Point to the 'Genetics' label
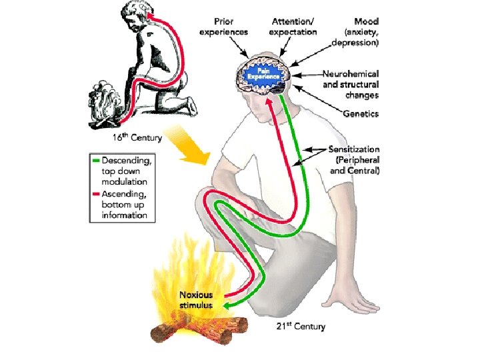tap(361, 114)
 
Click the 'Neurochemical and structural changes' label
tap(350, 85)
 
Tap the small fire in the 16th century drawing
tap(104, 106)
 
